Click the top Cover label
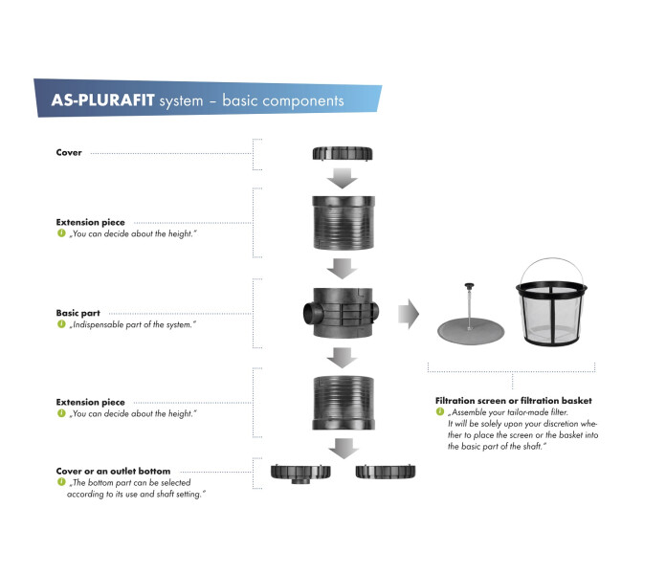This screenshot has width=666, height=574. (x=69, y=152)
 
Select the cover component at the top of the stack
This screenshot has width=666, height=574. (x=342, y=153)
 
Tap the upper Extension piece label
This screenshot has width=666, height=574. (x=90, y=222)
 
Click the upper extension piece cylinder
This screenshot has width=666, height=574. (x=342, y=223)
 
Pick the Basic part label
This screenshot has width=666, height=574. (x=78, y=313)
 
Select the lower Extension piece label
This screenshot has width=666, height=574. (x=90, y=402)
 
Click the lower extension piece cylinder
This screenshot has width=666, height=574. (x=342, y=402)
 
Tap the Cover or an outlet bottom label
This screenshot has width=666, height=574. (x=113, y=471)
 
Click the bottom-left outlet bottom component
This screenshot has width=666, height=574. (x=300, y=472)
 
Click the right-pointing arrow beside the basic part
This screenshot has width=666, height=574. (x=409, y=313)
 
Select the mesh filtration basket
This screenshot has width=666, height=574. (x=553, y=306)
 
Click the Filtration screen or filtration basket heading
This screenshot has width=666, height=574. (x=513, y=400)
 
